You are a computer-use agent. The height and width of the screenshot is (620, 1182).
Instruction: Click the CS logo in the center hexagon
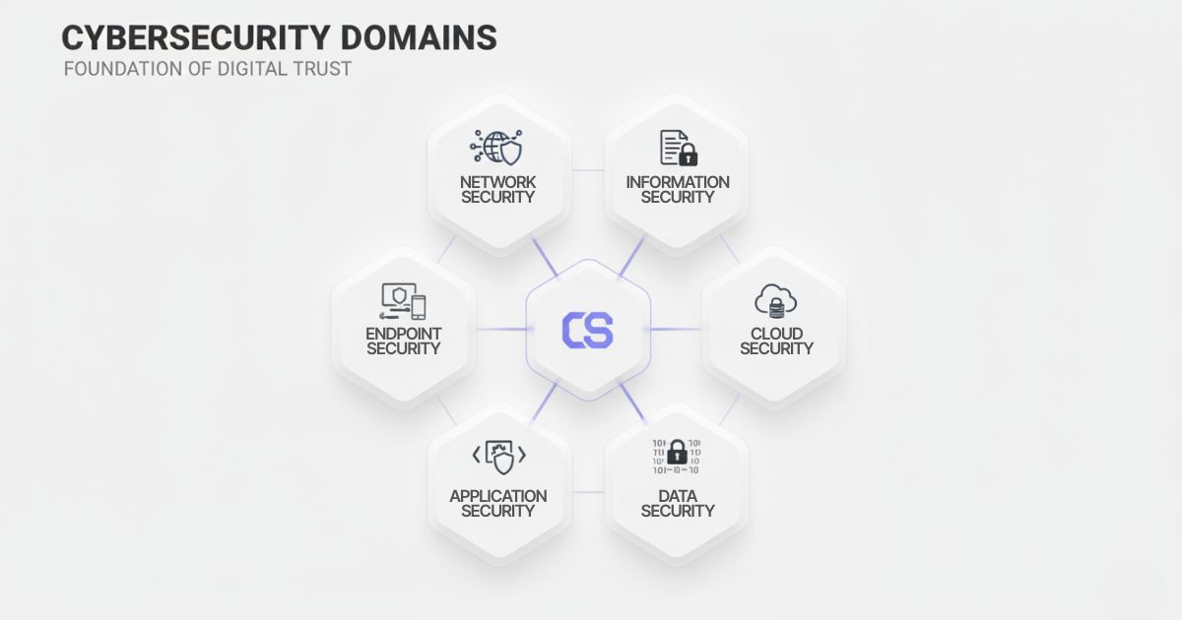click(x=587, y=330)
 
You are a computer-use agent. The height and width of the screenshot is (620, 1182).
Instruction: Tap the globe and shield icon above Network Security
click(x=497, y=147)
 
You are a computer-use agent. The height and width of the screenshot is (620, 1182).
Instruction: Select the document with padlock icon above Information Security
click(x=678, y=147)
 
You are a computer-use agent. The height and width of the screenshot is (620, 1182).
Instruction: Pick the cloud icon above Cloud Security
click(x=776, y=300)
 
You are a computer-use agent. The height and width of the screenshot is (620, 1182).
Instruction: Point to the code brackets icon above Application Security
click(x=498, y=456)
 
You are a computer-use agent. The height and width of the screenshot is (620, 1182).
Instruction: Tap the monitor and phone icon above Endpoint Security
click(x=404, y=300)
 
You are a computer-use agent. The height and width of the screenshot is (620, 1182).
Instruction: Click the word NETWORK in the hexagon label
click(x=498, y=182)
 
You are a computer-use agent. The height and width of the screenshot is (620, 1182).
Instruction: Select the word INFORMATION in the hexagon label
click(x=678, y=182)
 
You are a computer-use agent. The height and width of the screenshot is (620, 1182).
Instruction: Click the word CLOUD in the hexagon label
click(x=776, y=334)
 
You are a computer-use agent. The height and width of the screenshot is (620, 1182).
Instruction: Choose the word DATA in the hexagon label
click(x=678, y=495)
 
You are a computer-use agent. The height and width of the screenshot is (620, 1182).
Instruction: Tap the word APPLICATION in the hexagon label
click(x=498, y=495)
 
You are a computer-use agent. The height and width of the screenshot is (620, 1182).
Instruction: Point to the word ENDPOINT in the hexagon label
click(x=404, y=334)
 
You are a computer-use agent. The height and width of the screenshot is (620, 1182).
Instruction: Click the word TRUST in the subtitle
click(x=321, y=70)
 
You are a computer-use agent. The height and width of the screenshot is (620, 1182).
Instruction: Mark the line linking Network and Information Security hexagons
click(x=588, y=170)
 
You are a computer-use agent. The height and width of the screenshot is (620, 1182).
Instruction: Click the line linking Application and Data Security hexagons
click(x=588, y=491)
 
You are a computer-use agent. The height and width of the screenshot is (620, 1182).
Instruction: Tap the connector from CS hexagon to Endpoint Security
click(x=502, y=330)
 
